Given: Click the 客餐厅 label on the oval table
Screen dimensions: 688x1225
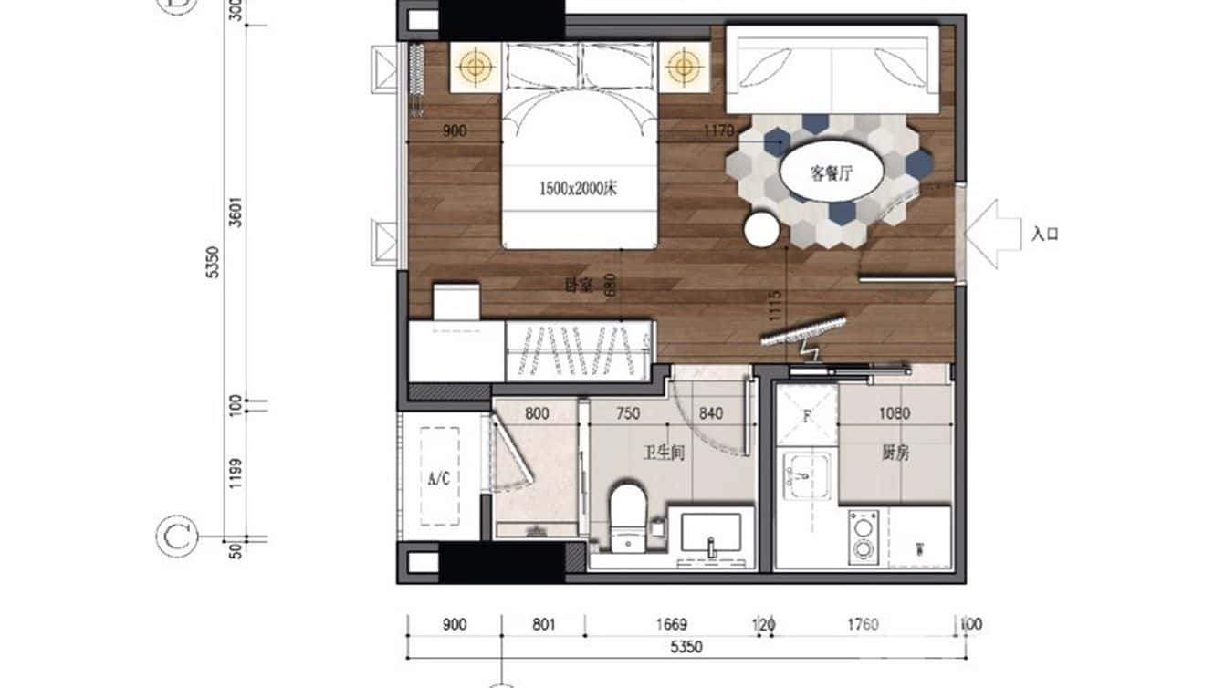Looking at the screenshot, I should [x=831, y=172].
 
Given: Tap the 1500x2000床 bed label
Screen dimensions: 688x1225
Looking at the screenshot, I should [x=579, y=190].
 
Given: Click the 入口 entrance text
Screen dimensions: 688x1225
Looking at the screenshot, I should [x=1044, y=235].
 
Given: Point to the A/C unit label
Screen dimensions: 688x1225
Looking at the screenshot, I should [x=439, y=477].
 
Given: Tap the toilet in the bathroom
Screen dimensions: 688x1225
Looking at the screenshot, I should [x=627, y=516].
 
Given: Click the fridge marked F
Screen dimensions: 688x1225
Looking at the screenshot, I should [x=806, y=416].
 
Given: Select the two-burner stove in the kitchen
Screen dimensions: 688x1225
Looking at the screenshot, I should [x=861, y=537].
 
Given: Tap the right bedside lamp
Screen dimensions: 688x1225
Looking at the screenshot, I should [x=684, y=66].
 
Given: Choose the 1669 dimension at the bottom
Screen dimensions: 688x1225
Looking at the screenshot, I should [x=671, y=625].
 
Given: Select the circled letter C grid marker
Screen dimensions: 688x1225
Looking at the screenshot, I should [x=174, y=537].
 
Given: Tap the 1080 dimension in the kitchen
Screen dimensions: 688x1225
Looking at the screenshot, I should [x=894, y=413].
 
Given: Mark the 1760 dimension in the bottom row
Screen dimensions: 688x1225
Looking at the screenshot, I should [x=863, y=625].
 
